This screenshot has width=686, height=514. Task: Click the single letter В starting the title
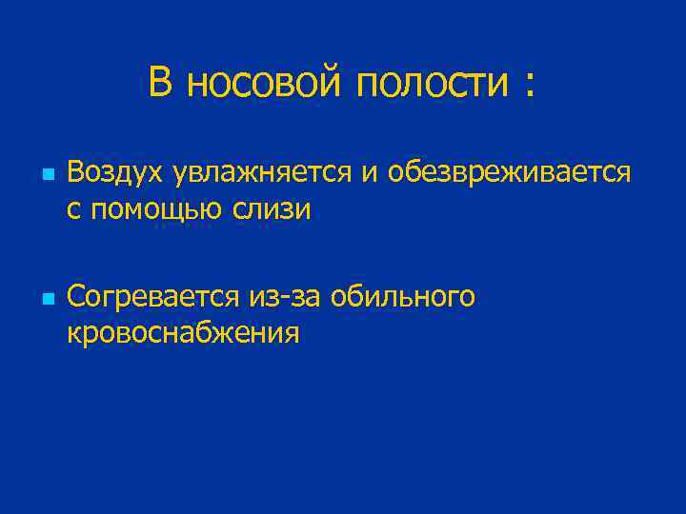pyautogui.click(x=160, y=83)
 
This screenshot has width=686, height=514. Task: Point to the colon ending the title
pyautogui.click(x=527, y=86)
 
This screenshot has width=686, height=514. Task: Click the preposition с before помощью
pyautogui.click(x=73, y=209)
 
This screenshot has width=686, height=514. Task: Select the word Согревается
pyautogui.click(x=155, y=298)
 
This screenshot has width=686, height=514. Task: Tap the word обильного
pyautogui.click(x=403, y=298)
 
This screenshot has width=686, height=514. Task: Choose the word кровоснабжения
pyautogui.click(x=183, y=333)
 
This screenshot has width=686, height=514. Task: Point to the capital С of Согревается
pyautogui.click(x=75, y=297)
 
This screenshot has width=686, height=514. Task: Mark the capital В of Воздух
pyautogui.click(x=75, y=172)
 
